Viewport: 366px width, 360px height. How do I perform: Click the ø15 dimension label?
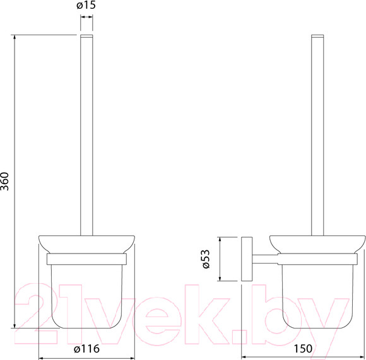[x=86, y=5]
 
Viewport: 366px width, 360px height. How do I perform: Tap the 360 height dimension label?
[x=4, y=182]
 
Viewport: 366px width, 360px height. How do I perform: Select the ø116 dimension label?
[x=86, y=349]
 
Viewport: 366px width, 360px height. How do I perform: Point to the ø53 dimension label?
[x=206, y=259]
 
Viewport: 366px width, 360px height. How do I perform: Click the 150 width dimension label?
[x=302, y=349]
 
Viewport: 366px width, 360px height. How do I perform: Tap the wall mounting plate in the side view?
[x=247, y=258]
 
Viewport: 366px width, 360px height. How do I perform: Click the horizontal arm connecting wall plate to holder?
[x=265, y=259]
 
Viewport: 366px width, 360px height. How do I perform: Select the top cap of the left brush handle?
[x=86, y=36]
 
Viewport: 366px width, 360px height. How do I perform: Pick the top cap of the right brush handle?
[x=317, y=36]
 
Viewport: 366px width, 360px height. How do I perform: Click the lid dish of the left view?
[x=86, y=244]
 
